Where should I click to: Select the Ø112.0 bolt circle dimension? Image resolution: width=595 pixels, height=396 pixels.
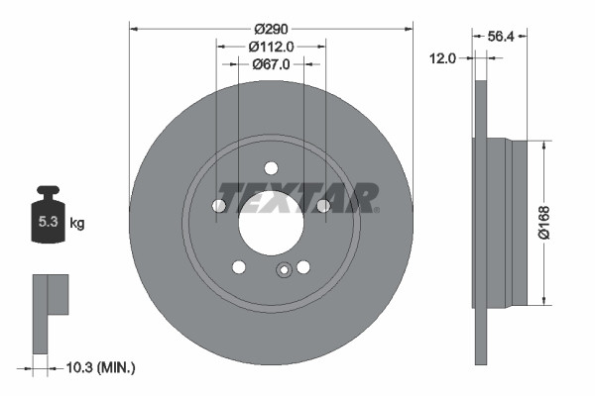tap(271, 46)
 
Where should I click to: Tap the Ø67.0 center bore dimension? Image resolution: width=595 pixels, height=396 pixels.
tap(271, 64)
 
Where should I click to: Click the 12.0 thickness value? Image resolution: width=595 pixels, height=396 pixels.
tap(442, 58)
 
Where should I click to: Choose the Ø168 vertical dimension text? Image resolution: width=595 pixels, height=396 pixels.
tap(558, 222)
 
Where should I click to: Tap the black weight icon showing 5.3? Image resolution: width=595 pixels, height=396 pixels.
tap(47, 217)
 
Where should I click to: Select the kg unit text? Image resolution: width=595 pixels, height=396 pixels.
tap(76, 224)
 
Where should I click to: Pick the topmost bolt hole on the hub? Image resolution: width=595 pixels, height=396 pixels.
tap(271, 167)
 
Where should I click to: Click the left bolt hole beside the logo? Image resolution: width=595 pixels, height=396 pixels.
tap(219, 206)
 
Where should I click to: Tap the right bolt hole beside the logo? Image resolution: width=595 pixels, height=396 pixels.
tap(322, 206)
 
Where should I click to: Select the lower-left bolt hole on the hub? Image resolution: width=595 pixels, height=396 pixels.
tap(238, 266)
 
